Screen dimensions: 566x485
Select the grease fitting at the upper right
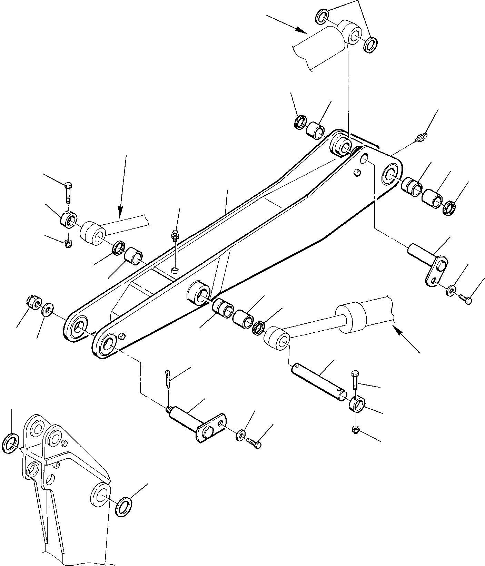421,138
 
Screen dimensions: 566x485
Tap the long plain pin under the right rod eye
319,380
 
